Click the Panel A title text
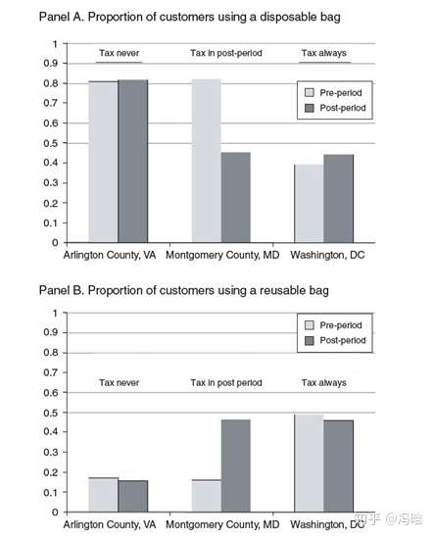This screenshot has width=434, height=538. (190, 18)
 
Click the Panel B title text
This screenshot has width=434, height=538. (184, 290)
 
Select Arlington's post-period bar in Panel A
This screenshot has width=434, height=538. (133, 162)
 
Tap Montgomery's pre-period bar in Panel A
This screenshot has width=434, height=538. (207, 161)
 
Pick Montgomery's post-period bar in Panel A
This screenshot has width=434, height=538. (236, 198)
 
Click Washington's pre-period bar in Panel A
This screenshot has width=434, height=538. (310, 204)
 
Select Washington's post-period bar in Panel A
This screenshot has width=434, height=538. (339, 199)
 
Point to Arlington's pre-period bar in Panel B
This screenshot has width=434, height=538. (104, 495)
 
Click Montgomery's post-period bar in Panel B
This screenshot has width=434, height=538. (236, 465)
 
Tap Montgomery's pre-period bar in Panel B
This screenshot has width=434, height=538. (207, 496)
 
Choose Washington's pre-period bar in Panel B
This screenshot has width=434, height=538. (310, 464)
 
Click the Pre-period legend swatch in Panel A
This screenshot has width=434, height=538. (310, 93)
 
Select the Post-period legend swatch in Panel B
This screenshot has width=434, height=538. (310, 340)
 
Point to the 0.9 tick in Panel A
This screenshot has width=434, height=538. (66, 64)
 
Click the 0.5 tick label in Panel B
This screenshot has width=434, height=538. (50, 413)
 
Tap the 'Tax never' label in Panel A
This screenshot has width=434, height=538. (120, 53)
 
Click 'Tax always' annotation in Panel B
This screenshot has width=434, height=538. (324, 382)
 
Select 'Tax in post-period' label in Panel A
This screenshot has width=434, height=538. (226, 53)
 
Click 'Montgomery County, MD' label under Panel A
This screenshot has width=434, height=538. (222, 255)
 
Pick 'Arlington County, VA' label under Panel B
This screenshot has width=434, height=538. (110, 524)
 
